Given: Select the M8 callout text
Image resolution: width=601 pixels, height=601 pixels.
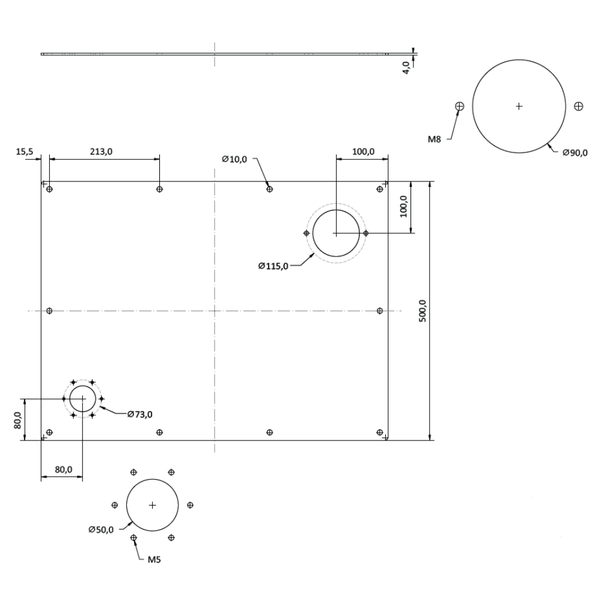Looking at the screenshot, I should [435, 139].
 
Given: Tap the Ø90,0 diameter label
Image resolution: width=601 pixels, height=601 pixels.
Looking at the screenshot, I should [575, 153].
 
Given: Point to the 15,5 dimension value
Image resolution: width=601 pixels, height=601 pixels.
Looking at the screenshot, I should [25, 152].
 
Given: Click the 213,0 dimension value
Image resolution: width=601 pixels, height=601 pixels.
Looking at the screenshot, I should [101, 152].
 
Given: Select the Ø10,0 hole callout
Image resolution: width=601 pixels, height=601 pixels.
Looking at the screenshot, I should [234, 159].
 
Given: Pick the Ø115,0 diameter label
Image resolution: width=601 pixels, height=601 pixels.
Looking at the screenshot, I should [273, 266].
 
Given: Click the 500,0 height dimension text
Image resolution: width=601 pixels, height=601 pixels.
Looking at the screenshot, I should [423, 311].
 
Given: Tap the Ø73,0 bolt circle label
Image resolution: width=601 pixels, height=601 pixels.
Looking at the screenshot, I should [139, 414].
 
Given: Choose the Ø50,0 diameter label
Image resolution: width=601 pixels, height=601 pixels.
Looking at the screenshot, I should [100, 529].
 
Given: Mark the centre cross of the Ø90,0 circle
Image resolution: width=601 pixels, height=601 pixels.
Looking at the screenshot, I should [519, 106].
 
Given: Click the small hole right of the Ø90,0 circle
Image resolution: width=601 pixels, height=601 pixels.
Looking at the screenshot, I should [578, 106].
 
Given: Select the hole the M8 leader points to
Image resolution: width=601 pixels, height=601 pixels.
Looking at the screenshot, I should [460, 106].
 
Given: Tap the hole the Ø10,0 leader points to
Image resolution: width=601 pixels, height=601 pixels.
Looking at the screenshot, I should [269, 189].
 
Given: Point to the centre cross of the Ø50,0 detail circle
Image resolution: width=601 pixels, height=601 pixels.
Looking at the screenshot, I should [152, 505].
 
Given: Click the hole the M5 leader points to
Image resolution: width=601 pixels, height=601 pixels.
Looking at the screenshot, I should [133, 537].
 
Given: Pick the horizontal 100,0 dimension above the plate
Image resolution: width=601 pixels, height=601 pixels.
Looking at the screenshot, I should [363, 152].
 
